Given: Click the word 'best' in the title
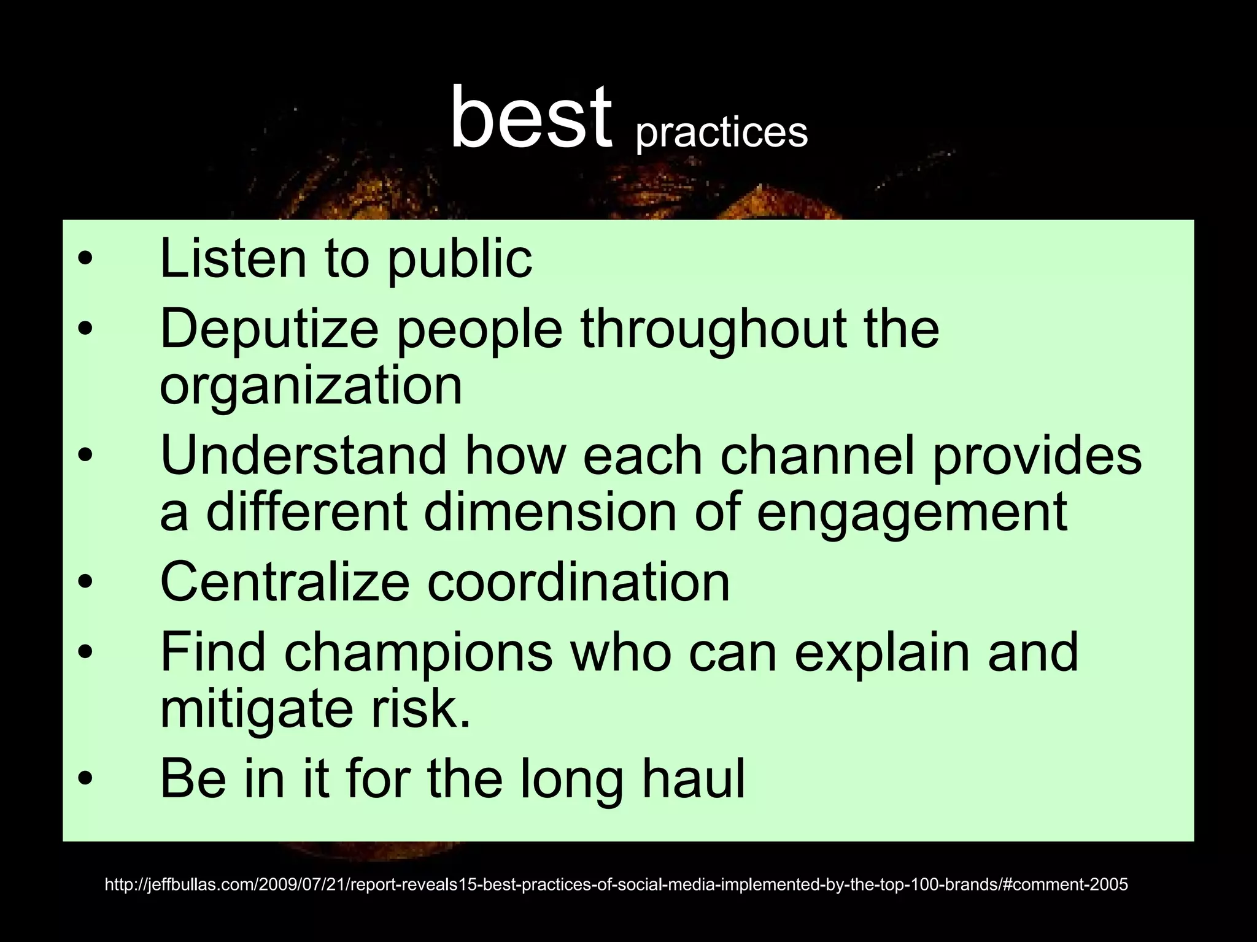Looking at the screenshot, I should pos(531,118).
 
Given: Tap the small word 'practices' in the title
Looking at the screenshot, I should pos(722,132).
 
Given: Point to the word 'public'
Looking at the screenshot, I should pos(460,261).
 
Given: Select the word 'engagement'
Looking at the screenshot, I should pos(912,514).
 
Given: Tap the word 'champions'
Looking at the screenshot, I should pos(418,652).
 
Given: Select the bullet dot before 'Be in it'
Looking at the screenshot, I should pos(85,779).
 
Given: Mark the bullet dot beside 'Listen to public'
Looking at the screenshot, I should pos(85,259).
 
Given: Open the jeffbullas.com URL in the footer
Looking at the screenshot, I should pos(616,884).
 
